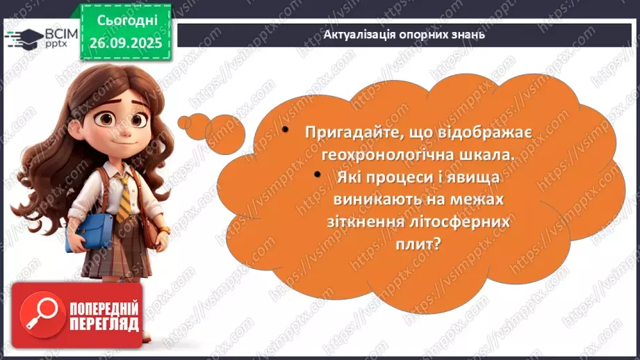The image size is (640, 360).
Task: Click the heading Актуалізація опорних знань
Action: coord(404,33)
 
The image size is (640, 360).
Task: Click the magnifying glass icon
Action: coord(40,313)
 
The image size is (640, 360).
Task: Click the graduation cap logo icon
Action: coord(28,36)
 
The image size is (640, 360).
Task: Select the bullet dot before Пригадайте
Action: coord(286,130)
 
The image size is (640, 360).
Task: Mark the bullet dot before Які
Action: coord(318,174)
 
